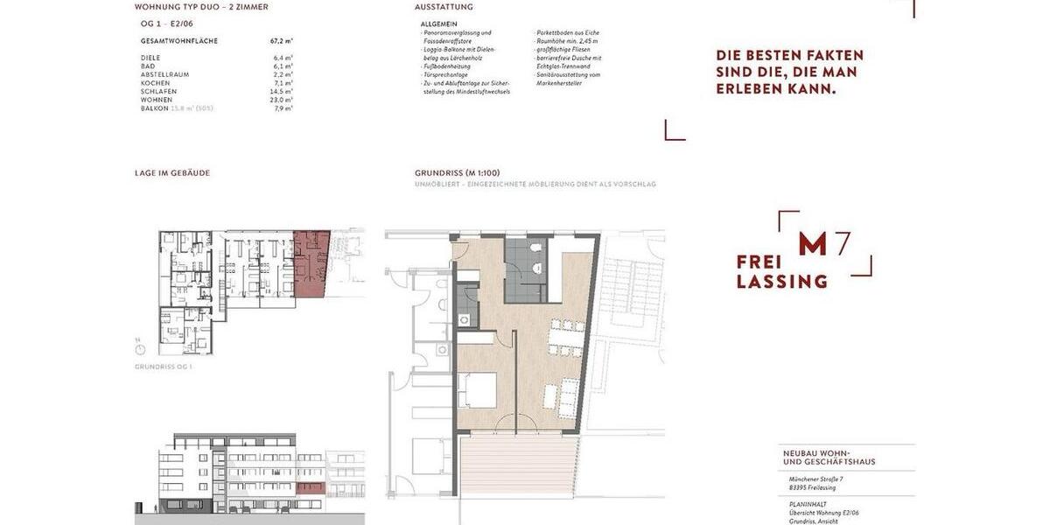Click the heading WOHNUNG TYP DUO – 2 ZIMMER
(x=201, y=7)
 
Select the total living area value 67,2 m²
(x=282, y=41)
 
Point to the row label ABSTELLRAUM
(x=164, y=74)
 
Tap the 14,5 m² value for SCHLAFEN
(x=282, y=91)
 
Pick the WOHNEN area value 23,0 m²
(x=282, y=100)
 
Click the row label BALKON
(x=155, y=108)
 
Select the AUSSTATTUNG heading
(x=444, y=7)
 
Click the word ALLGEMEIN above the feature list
(x=438, y=24)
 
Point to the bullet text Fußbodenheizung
(x=447, y=66)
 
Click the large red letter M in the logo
(x=812, y=245)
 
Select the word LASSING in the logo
(x=781, y=282)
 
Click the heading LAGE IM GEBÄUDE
(x=172, y=173)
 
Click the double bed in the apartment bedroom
(x=477, y=390)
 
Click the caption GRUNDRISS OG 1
(x=164, y=367)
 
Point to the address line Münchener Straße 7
(x=815, y=479)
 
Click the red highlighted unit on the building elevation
(x=311, y=488)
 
